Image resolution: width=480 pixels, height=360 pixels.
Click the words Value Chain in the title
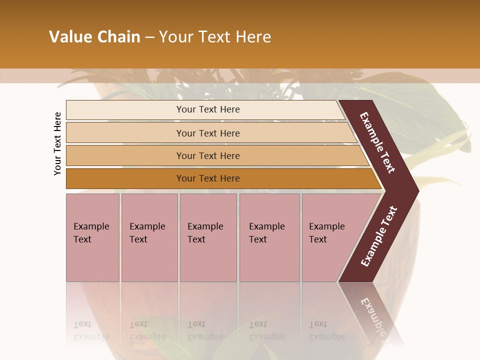(x=94, y=37)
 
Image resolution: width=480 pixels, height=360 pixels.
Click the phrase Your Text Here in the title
(x=215, y=37)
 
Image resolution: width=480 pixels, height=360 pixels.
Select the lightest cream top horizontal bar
(x=208, y=109)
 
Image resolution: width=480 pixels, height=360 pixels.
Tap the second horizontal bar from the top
(x=208, y=133)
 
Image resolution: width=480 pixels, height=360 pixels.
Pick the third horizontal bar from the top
(x=208, y=155)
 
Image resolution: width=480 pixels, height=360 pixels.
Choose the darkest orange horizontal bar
(x=208, y=178)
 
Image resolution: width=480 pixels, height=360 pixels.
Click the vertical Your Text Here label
(x=57, y=143)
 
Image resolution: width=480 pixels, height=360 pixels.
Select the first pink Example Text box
(x=92, y=237)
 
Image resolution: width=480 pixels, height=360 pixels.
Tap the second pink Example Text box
(x=149, y=237)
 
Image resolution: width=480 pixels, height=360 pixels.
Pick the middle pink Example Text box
(x=208, y=237)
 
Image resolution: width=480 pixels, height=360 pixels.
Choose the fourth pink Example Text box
(x=269, y=237)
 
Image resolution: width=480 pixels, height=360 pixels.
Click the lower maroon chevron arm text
(x=379, y=236)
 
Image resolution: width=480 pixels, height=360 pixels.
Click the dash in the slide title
(x=149, y=37)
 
